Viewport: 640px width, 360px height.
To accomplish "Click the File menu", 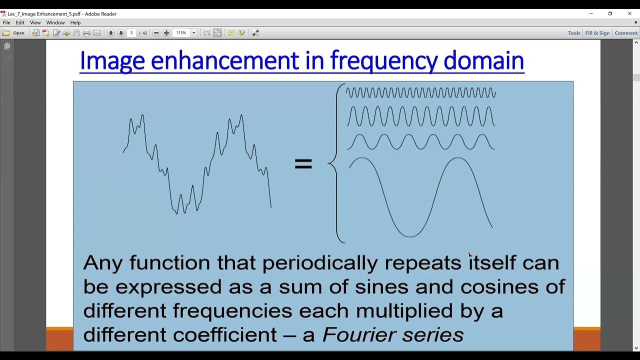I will coord(6,22).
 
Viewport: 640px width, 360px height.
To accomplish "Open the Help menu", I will coord(75,22).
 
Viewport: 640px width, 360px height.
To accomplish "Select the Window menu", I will coord(55,22).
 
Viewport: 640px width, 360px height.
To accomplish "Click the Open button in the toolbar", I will coord(13,33).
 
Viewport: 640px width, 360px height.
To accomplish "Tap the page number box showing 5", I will coord(132,33).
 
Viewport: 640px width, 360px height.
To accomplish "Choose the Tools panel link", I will coord(574,33).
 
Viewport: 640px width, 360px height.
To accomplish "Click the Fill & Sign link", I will coord(597,33).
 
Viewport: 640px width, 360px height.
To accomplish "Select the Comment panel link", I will coord(626,33).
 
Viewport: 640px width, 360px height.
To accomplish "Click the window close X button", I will coord(629,13).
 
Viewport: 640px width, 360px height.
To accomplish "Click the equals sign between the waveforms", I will coord(303,164).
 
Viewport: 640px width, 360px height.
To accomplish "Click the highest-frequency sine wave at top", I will coord(420,92).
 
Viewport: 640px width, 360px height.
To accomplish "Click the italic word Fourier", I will coord(356,334).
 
